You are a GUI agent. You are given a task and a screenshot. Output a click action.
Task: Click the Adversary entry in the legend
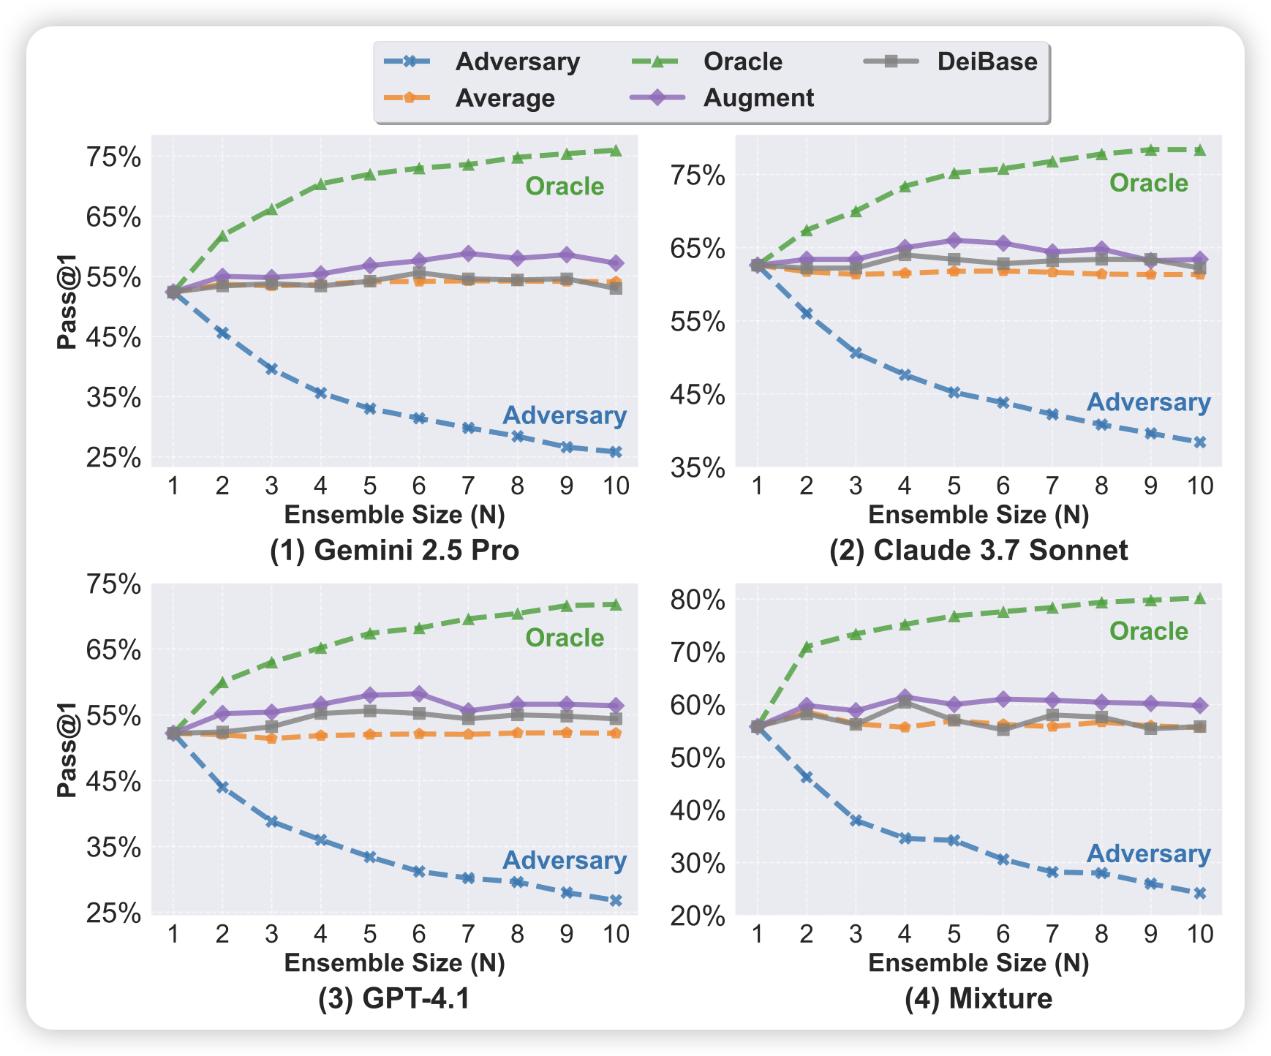tap(517, 62)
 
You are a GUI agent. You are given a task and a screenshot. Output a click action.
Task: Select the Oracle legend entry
tap(742, 62)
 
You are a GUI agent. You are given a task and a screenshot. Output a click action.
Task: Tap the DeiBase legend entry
tap(987, 62)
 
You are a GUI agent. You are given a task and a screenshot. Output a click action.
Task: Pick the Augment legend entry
tap(758, 98)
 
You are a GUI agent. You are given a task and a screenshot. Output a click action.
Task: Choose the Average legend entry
tap(505, 98)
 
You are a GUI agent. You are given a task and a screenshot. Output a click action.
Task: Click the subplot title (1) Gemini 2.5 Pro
tap(394, 550)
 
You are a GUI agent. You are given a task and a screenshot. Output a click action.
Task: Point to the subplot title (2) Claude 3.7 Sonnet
tap(978, 550)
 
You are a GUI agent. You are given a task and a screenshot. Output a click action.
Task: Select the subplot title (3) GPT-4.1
tap(394, 998)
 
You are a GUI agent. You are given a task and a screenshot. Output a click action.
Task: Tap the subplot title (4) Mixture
tap(978, 998)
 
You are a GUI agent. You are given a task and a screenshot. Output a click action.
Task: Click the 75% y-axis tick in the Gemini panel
tap(113, 157)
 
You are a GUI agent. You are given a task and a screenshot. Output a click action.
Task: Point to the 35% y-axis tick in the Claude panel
tap(698, 468)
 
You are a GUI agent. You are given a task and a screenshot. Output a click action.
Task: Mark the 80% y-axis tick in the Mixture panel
tap(698, 600)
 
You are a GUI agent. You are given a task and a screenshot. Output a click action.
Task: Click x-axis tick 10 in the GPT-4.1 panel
tap(616, 935)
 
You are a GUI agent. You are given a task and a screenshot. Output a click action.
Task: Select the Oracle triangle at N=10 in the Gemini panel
tap(616, 151)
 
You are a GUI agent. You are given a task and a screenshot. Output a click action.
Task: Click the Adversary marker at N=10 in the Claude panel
tap(1199, 442)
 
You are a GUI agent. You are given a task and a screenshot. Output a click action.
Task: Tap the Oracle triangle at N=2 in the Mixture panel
tap(806, 647)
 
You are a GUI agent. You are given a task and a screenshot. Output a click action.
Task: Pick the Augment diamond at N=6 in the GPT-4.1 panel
tap(419, 693)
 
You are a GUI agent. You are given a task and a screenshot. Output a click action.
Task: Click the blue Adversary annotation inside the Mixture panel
tap(1149, 854)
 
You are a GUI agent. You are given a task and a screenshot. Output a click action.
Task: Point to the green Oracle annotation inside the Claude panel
tap(1149, 183)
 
